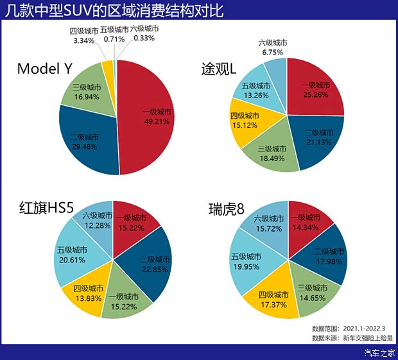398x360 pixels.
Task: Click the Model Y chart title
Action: click(x=44, y=69)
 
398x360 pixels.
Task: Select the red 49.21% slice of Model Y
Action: click(x=151, y=116)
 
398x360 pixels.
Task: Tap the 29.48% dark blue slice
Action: click(x=87, y=144)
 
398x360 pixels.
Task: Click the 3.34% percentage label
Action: click(x=82, y=40)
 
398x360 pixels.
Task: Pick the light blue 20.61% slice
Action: click(x=72, y=257)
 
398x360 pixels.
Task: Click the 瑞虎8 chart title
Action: click(x=224, y=209)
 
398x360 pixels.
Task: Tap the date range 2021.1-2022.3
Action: click(x=370, y=327)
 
